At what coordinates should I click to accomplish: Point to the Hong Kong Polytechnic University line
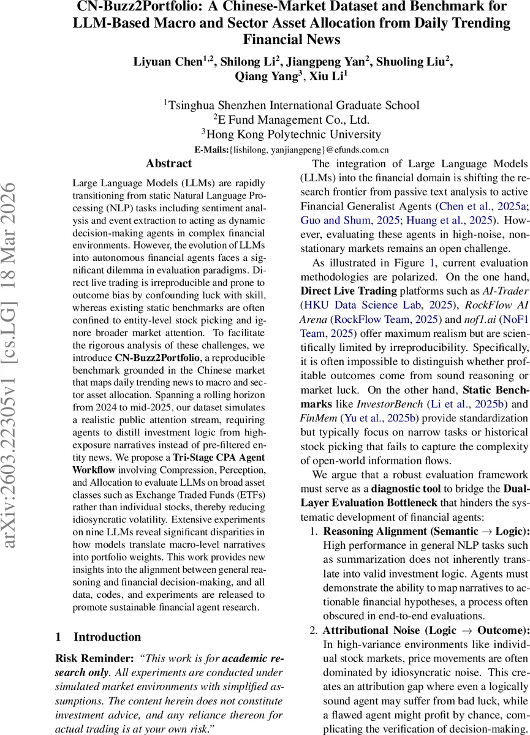click(x=291, y=134)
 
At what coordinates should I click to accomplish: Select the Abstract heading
click(x=169, y=164)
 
